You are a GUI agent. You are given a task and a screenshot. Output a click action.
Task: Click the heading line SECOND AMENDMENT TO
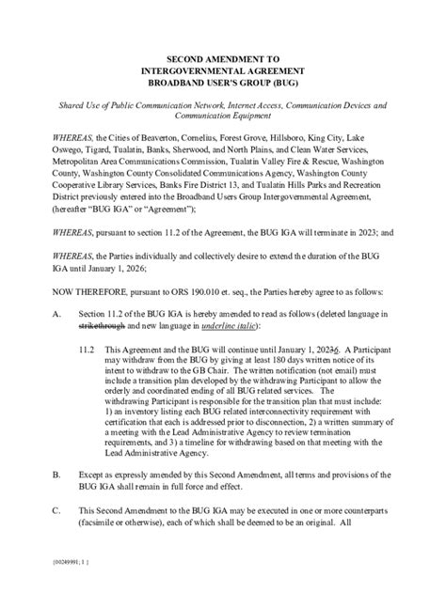click(222, 58)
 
